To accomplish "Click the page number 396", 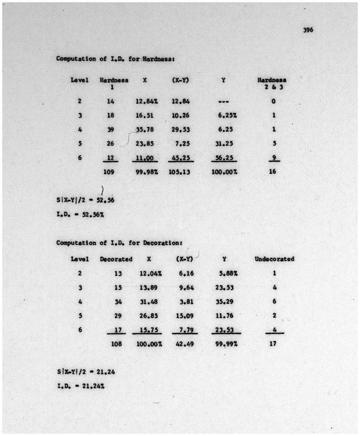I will tap(308, 30).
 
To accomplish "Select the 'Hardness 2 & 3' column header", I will tap(272, 83).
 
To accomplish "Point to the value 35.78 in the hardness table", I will tap(145, 129).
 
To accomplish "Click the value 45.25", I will tap(181, 157).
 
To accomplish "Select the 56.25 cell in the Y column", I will tap(224, 157).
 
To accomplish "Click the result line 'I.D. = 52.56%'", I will tap(80, 215).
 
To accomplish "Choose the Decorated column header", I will tap(116, 259).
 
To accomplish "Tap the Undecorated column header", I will tap(274, 259).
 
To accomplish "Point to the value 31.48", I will tap(149, 301).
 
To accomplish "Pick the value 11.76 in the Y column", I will tap(224, 316).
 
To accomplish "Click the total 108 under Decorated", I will tap(117, 343).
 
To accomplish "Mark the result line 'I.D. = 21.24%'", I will tap(81, 386).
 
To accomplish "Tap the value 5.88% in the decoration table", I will tap(228, 273).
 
